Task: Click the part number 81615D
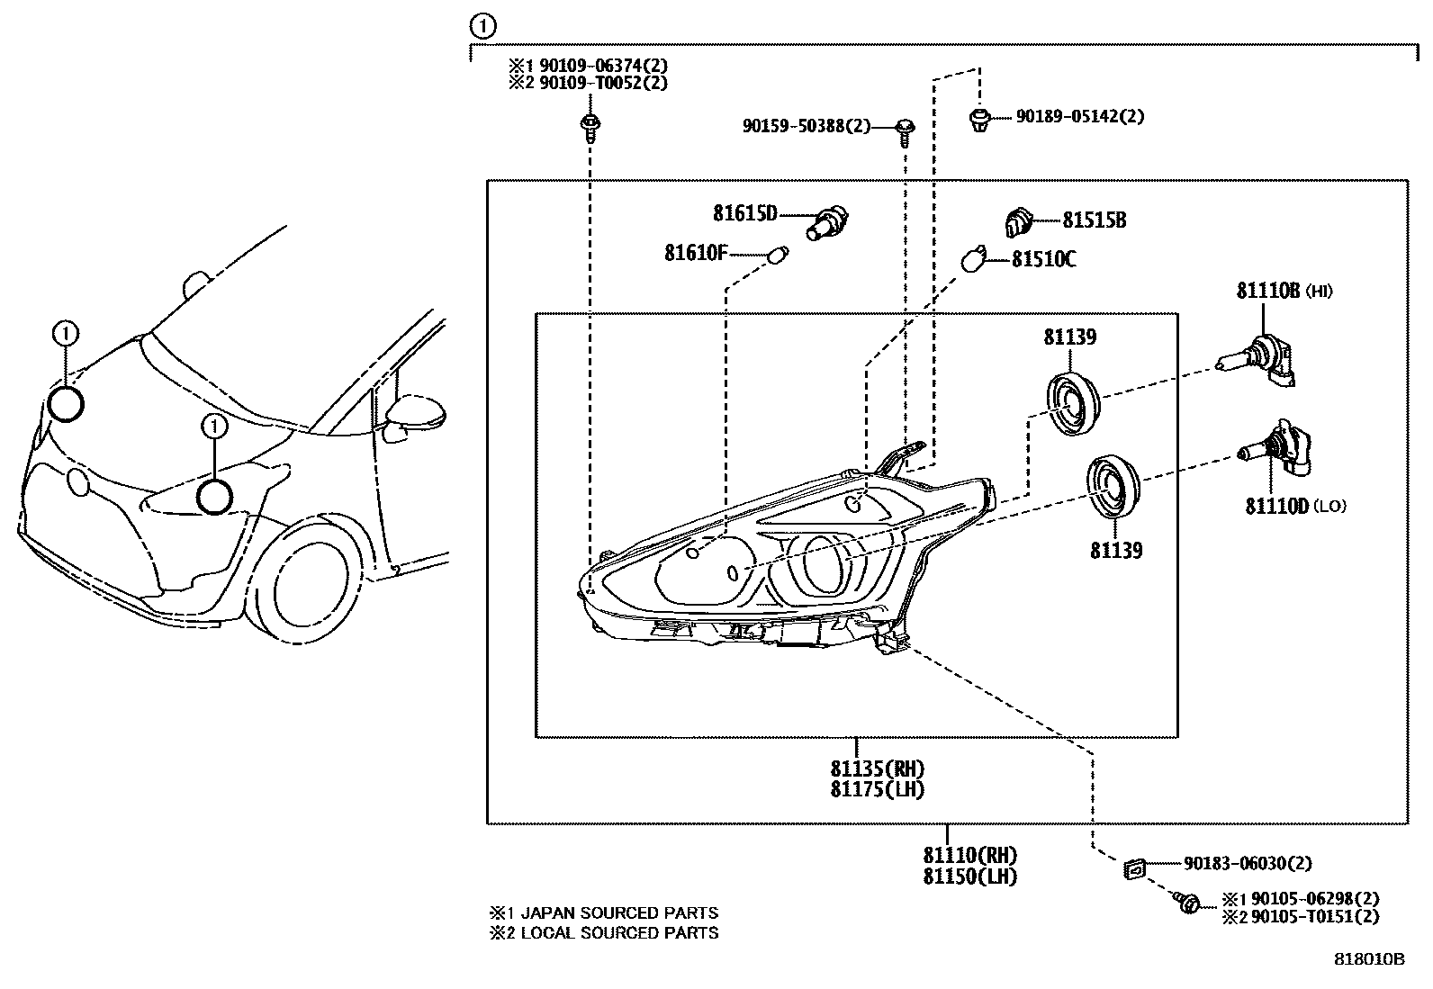[744, 214]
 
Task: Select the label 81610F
[696, 254]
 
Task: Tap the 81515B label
[1094, 220]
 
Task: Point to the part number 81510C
[1043, 260]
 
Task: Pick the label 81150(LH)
[969, 876]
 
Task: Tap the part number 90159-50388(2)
[807, 127]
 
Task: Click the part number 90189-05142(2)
[1080, 116]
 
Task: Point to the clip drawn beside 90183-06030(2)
[1134, 868]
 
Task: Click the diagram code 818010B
[1369, 959]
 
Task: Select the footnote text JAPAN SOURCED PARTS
[619, 913]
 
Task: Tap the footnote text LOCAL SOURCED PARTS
[619, 933]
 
